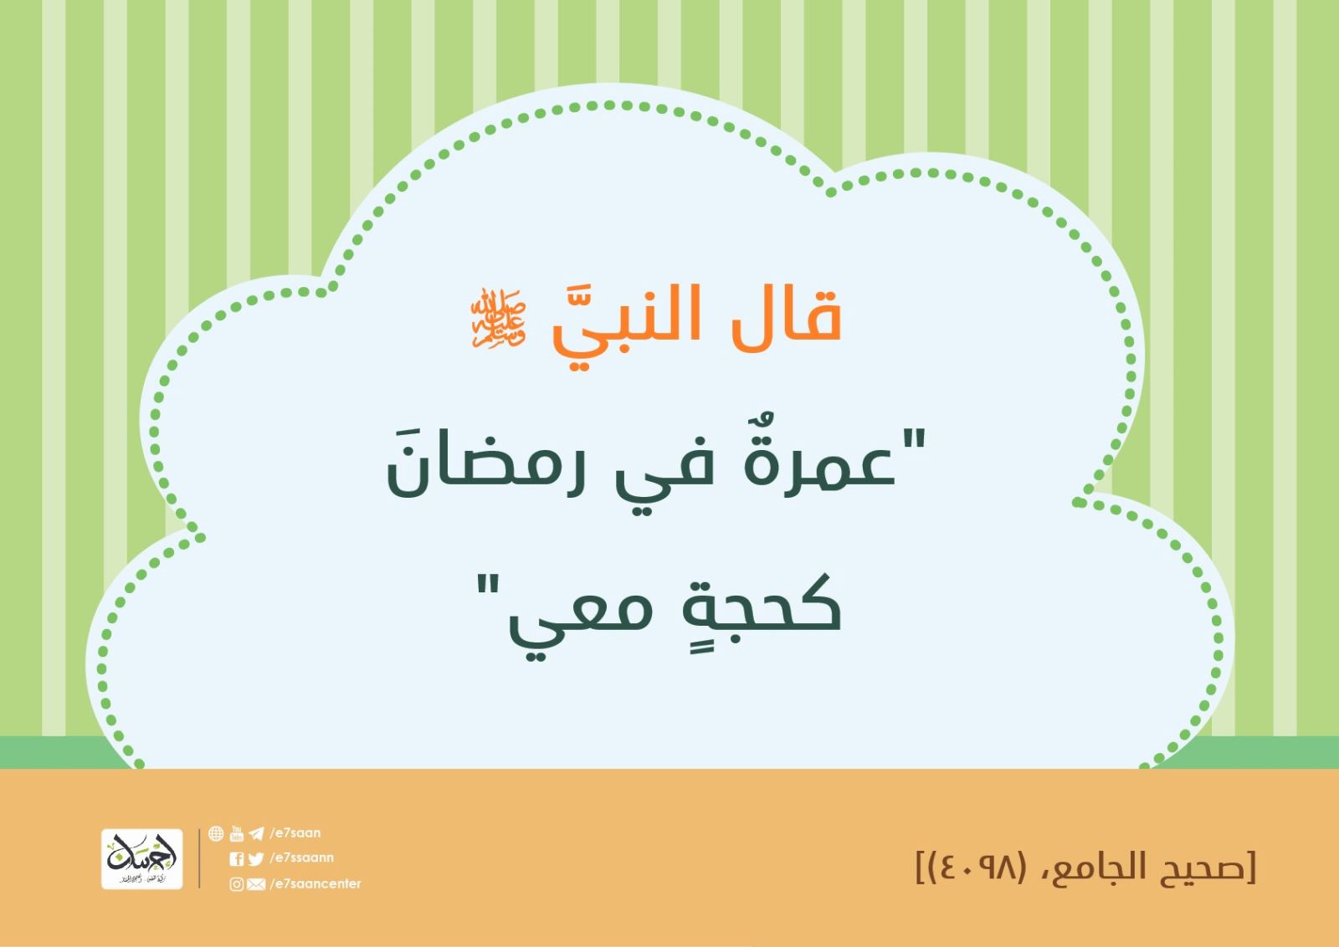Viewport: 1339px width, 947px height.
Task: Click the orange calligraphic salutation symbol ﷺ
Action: pos(498,318)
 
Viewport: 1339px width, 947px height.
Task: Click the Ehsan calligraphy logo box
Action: pos(141,858)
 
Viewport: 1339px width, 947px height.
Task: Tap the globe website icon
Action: pos(216,833)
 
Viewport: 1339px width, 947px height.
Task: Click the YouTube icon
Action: pos(237,833)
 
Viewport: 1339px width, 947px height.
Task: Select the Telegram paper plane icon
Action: pos(256,833)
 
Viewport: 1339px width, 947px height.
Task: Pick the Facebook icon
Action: pos(236,858)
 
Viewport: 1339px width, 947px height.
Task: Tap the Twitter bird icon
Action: pos(256,858)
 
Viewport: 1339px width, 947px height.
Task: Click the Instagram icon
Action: pos(236,884)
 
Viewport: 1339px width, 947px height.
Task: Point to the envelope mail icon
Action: pos(256,884)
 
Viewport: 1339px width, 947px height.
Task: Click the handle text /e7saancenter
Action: pos(316,883)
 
